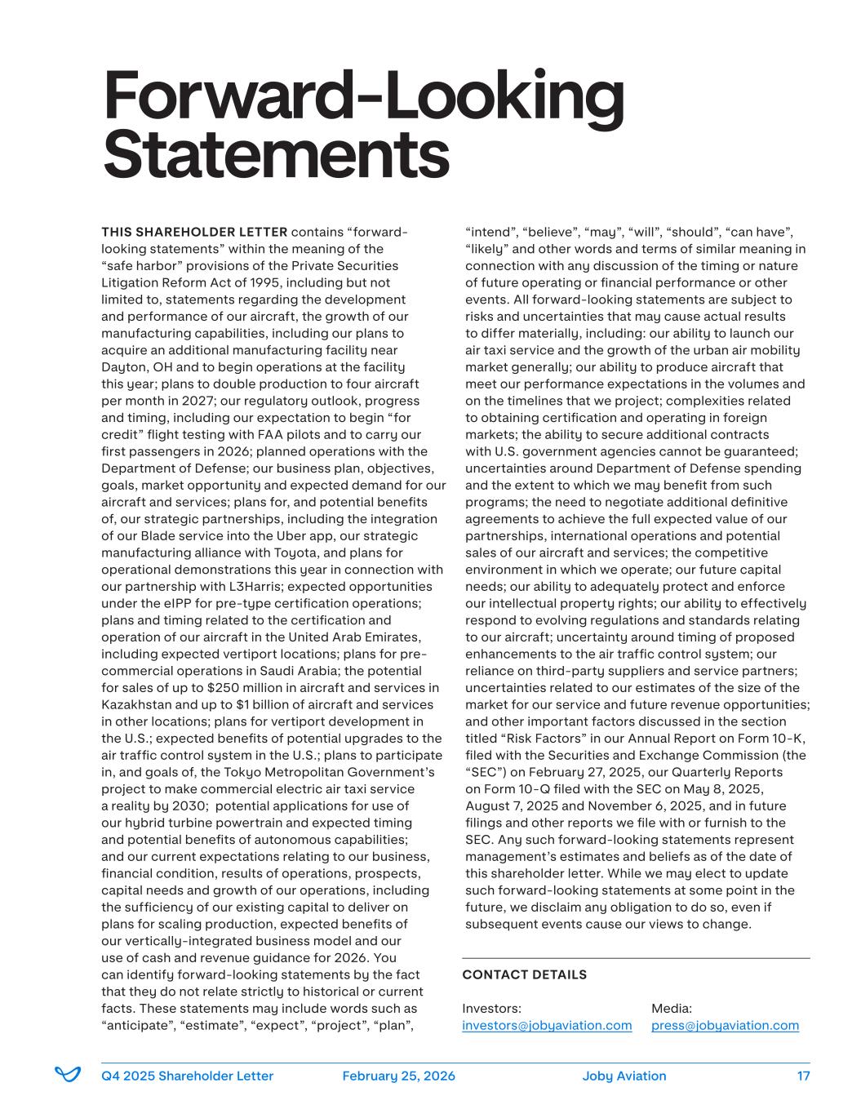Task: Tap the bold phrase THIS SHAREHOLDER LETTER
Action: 194,232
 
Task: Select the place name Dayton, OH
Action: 138,367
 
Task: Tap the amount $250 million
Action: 252,687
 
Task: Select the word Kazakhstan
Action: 136,704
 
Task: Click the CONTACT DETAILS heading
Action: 524,974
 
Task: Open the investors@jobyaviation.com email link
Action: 547,1025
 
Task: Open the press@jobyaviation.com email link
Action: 725,1025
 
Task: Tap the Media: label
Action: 671,1008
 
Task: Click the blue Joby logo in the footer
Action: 68,1075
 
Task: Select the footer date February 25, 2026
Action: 398,1076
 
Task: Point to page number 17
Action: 803,1076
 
